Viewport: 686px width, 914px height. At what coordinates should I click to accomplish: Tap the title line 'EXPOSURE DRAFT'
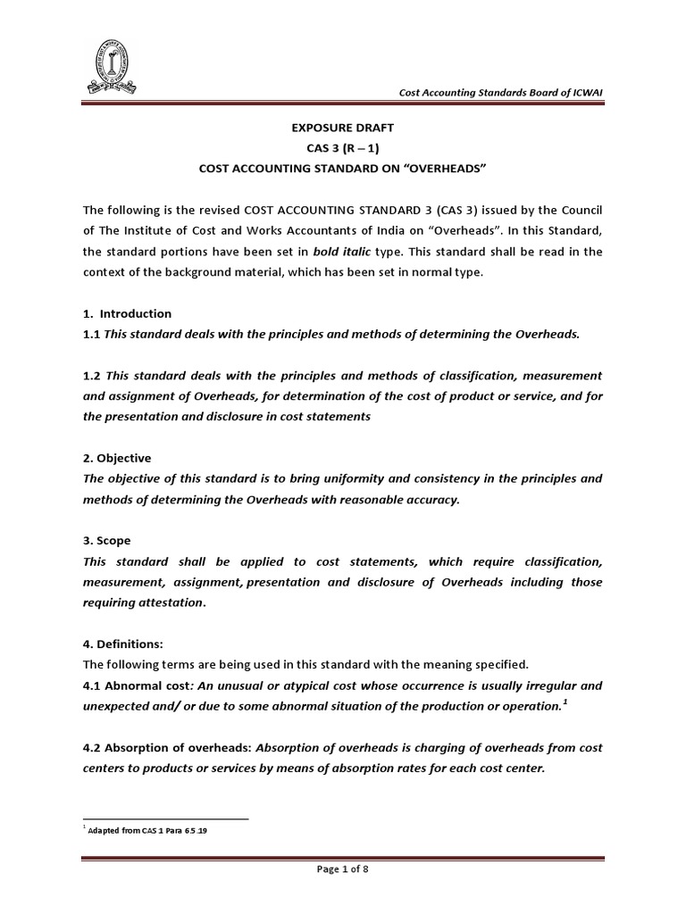342,129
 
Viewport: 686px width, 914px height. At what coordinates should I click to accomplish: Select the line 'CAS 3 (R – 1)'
342,149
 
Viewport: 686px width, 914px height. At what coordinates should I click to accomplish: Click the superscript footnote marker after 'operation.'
566,702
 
